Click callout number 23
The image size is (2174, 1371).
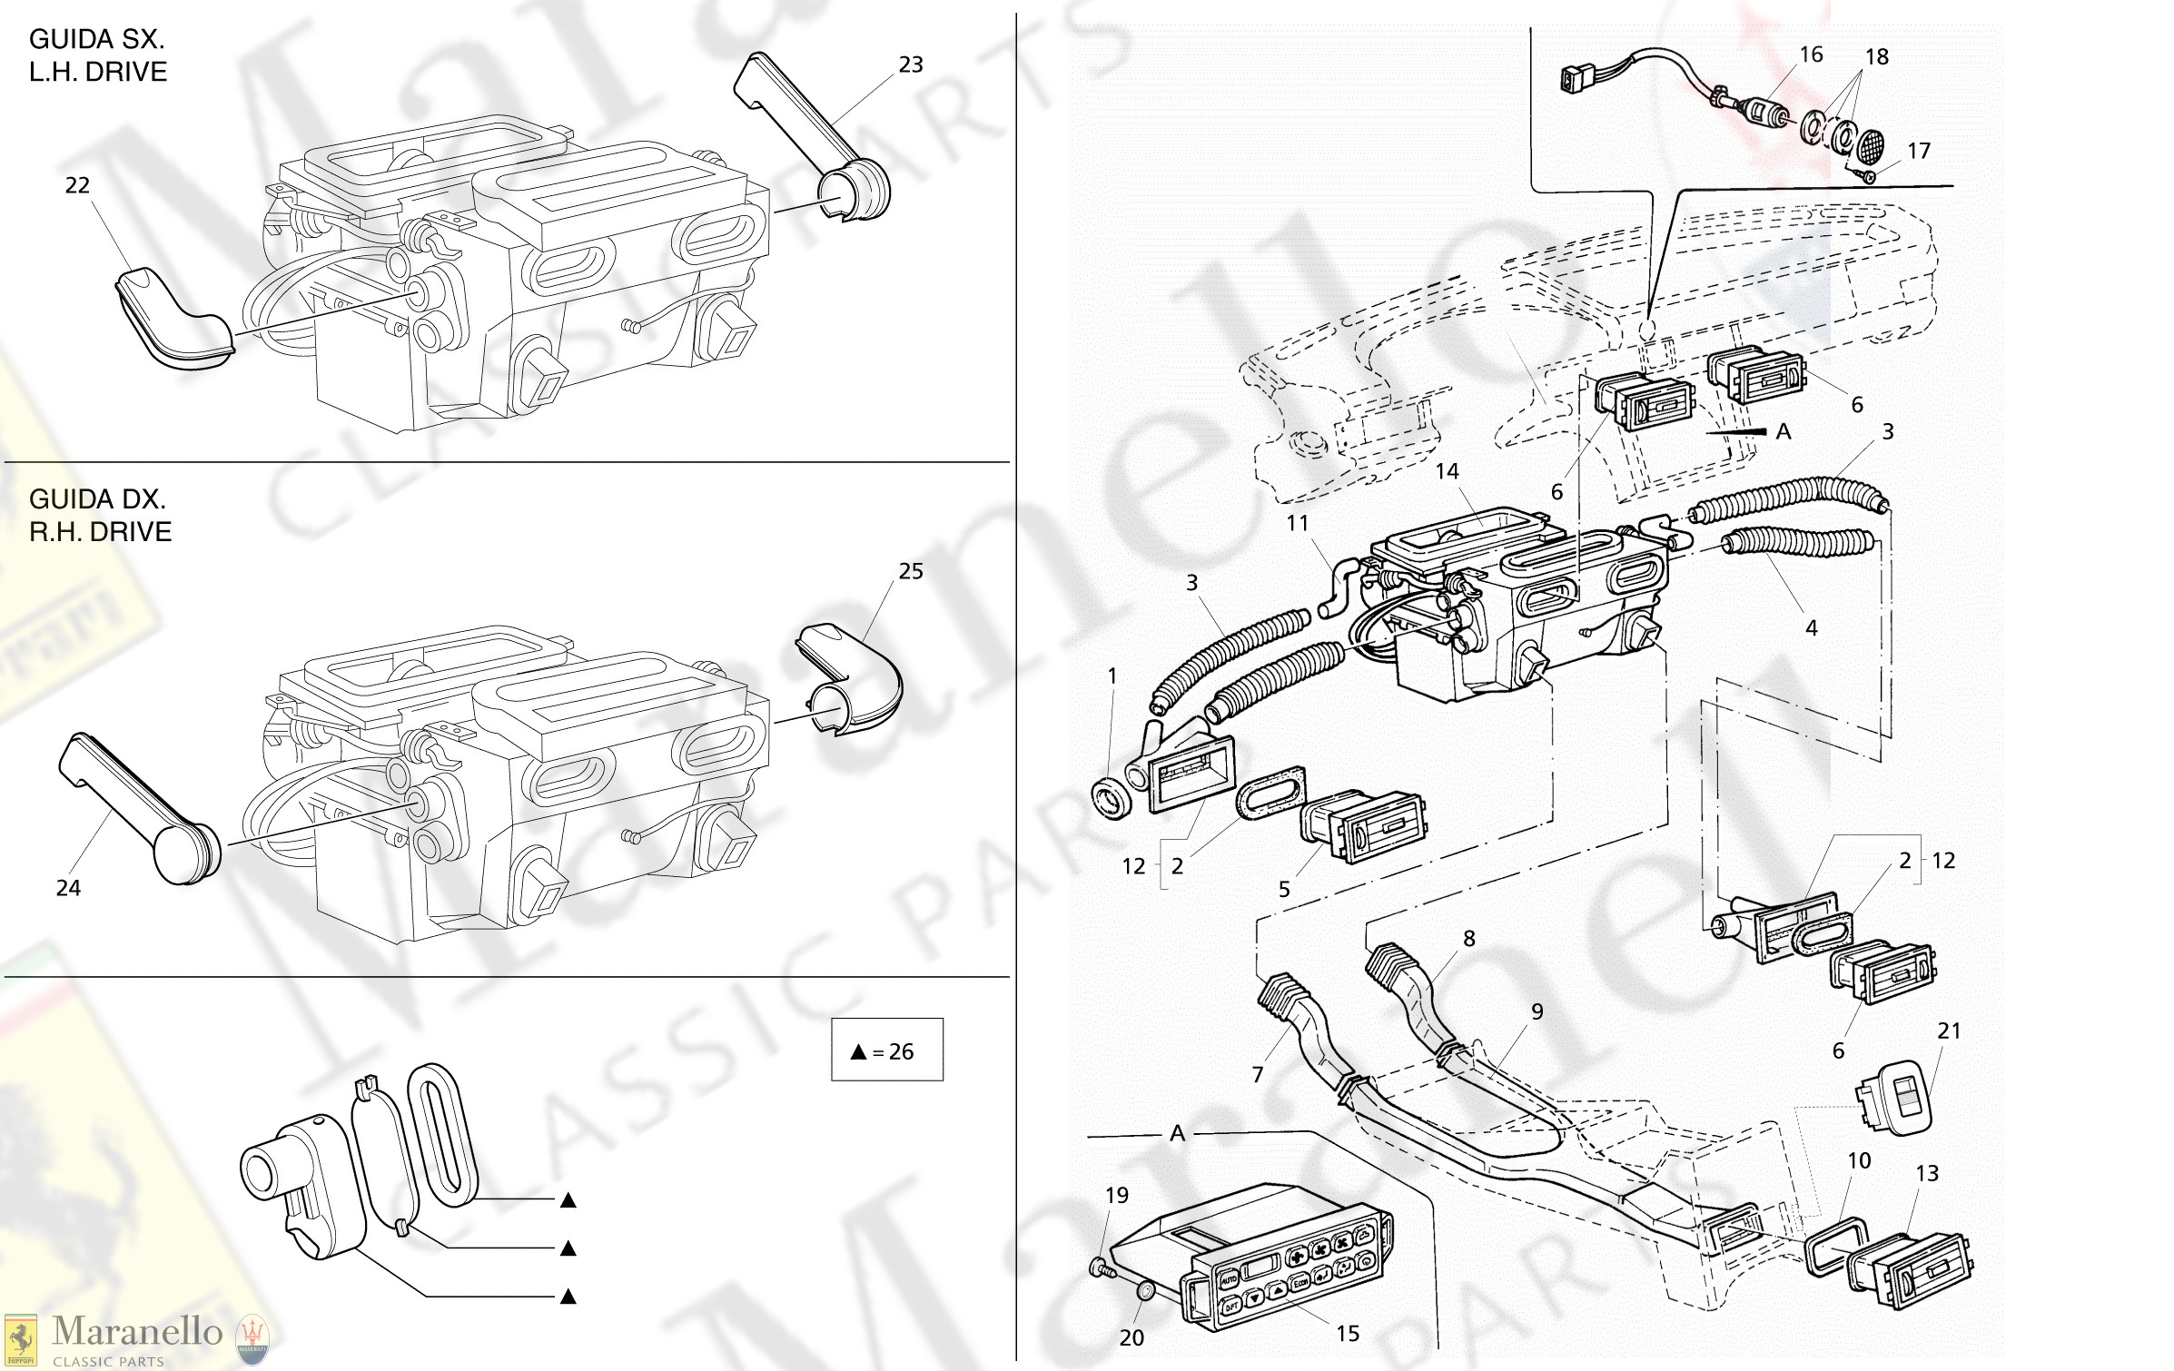pyautogui.click(x=910, y=64)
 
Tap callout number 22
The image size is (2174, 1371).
pyautogui.click(x=77, y=185)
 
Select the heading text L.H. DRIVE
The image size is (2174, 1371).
pyautogui.click(x=98, y=72)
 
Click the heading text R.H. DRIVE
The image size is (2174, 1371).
pyautogui.click(x=100, y=531)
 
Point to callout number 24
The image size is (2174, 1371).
pyautogui.click(x=68, y=888)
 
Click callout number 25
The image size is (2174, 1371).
pyautogui.click(x=910, y=571)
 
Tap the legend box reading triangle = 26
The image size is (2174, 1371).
pyautogui.click(x=886, y=1050)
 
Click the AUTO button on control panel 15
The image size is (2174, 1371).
pyautogui.click(x=1228, y=1278)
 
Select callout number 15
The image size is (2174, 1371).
pyautogui.click(x=1348, y=1333)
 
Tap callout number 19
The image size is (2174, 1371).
pyautogui.click(x=1117, y=1195)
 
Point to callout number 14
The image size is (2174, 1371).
pyautogui.click(x=1447, y=471)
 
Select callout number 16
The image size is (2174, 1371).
pyautogui.click(x=1811, y=54)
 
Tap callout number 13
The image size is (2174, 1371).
pyautogui.click(x=1927, y=1173)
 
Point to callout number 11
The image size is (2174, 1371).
pyautogui.click(x=1298, y=523)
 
